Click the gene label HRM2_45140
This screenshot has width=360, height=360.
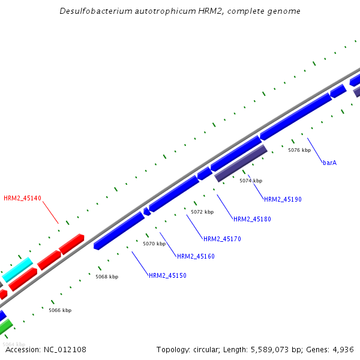[x=22, y=198]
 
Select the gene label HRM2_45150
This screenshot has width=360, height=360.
[x=167, y=275]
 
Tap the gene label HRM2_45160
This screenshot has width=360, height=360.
[x=196, y=256]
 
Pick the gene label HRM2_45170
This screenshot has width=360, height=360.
[x=222, y=239]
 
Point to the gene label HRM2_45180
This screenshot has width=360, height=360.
[x=252, y=219]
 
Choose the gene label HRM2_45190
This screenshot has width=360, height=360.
[x=283, y=199]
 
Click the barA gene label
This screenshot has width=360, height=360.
[x=329, y=163]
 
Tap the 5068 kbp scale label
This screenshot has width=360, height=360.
[x=107, y=277]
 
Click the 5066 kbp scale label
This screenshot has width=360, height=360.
[x=60, y=310]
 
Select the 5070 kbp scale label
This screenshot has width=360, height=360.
[x=154, y=244]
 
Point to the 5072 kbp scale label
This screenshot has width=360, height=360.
[x=202, y=212]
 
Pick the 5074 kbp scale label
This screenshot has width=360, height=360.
[x=251, y=181]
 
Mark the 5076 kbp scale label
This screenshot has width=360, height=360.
[x=299, y=150]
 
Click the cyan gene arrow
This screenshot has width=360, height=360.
[x=17, y=269]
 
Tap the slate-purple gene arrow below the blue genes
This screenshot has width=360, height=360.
[x=241, y=163]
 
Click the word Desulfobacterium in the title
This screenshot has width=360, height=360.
[x=92, y=11]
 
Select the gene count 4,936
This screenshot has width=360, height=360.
[x=343, y=349]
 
